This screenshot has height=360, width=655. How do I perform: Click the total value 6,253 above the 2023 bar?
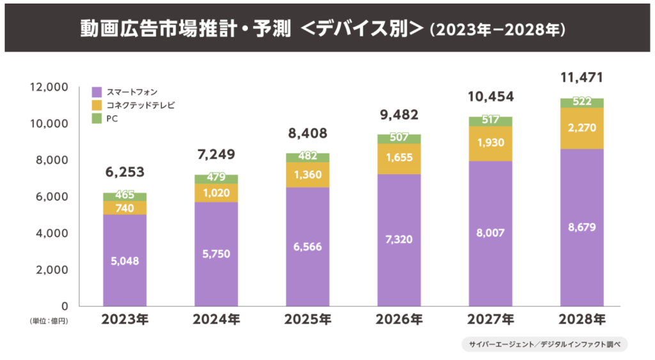(125, 172)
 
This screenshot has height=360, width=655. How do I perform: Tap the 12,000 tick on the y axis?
(49, 86)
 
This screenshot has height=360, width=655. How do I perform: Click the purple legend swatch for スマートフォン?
(97, 91)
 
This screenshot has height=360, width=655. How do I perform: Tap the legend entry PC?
(112, 118)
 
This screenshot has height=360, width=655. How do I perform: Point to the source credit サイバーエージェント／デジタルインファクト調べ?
(544, 344)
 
